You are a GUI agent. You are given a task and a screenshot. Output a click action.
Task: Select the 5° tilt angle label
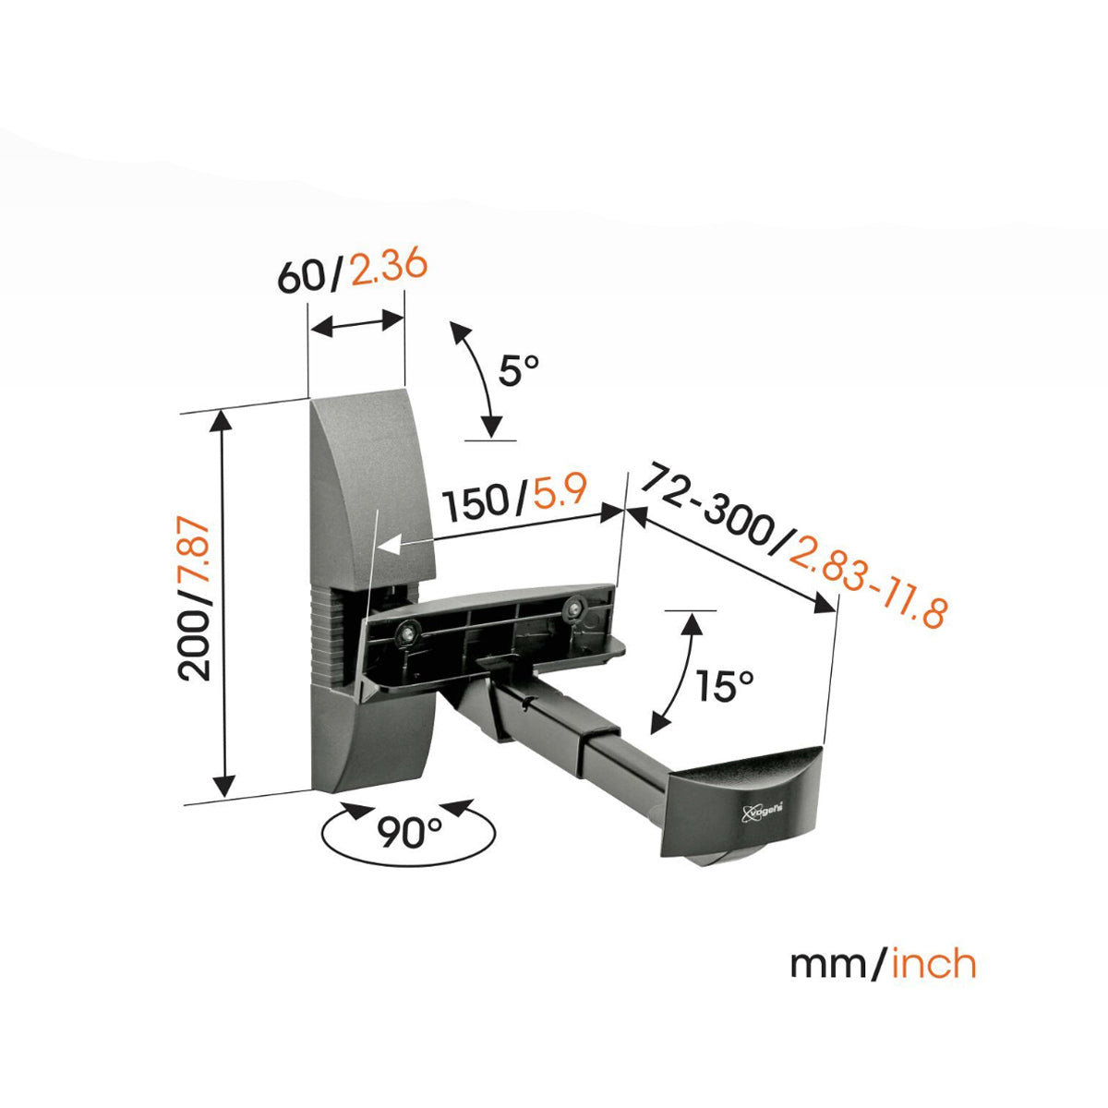[x=518, y=371]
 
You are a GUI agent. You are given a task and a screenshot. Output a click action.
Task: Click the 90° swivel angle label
[x=410, y=833]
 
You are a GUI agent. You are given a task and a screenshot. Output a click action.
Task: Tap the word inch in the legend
[x=932, y=964]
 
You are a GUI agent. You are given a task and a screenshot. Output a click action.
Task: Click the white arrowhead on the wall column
[x=390, y=547]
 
